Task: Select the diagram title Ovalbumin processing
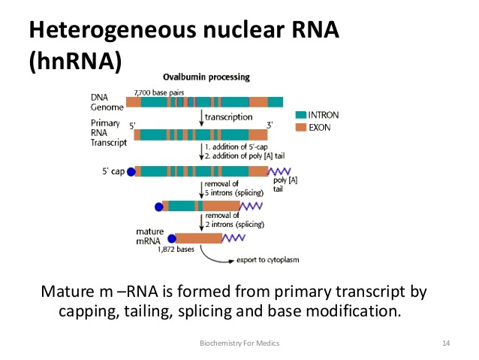[x=207, y=77]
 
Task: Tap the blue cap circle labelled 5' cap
[x=131, y=172]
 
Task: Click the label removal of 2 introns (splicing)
[x=229, y=221]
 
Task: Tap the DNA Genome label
[x=104, y=102]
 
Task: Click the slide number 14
[x=446, y=343]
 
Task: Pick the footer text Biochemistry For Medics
[x=239, y=343]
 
